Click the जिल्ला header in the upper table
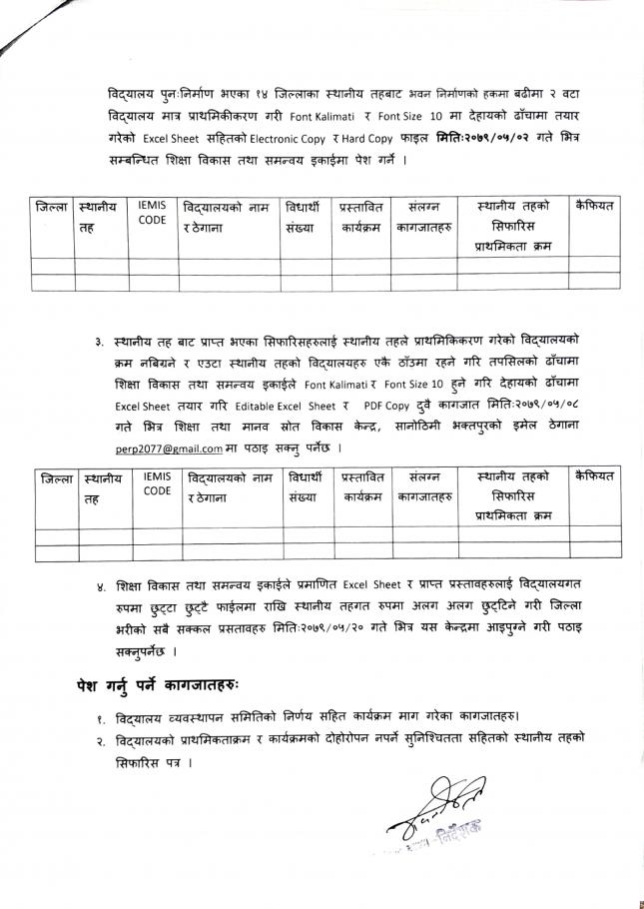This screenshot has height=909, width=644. click(52, 208)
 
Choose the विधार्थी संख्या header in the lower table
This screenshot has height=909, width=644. click(306, 486)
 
